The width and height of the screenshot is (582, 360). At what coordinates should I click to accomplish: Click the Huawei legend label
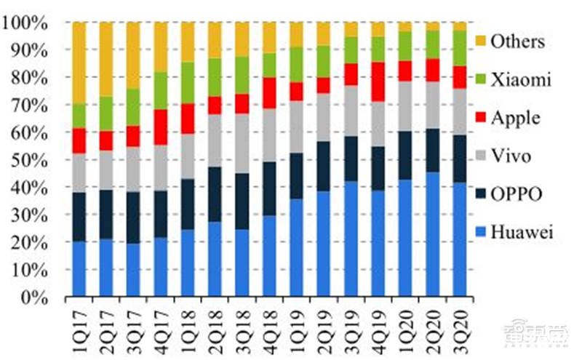[x=522, y=233]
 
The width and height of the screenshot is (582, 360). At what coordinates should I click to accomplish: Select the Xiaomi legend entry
[x=519, y=79]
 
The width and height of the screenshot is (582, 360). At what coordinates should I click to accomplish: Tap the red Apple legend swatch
[x=480, y=118]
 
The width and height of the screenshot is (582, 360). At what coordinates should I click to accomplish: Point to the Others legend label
[x=517, y=41]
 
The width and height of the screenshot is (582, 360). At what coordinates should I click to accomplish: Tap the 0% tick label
[x=35, y=297]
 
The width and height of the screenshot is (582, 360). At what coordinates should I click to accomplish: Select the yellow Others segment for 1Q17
[x=79, y=63]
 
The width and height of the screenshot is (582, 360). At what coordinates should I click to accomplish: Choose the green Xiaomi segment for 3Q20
[x=459, y=48]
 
